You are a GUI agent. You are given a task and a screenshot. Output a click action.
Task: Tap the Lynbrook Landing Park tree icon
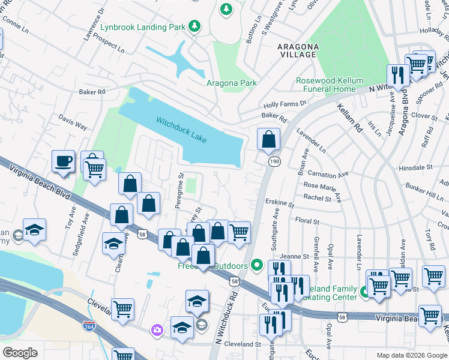[194, 26]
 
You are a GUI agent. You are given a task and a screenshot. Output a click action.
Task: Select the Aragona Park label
[232, 83]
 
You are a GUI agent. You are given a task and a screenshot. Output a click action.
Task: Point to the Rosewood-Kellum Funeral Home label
[325, 85]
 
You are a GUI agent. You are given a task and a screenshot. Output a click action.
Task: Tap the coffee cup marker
[64, 161]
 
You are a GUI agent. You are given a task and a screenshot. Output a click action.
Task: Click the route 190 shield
[274, 162]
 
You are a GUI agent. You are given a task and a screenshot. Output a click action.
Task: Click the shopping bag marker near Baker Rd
[268, 139]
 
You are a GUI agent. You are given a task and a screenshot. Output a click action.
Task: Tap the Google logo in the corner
[20, 352]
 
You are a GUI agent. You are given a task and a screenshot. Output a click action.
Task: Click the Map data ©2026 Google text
[412, 355]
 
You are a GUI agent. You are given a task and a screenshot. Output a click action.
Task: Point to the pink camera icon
[157, 329]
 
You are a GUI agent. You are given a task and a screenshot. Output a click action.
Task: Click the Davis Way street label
[73, 124]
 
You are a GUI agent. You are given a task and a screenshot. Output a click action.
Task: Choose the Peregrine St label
[179, 191]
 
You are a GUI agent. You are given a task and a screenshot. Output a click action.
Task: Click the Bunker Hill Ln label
[426, 193]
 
